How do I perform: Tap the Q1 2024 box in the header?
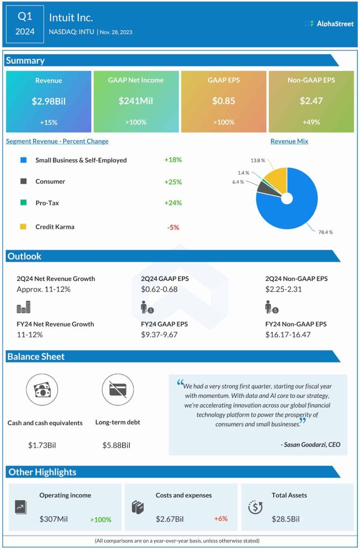pos(25,24)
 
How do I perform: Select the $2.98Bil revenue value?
pos(48,101)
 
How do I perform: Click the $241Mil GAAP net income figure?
pos(136,101)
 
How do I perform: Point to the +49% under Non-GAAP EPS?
pos(311,122)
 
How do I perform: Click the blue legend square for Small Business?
pos(23,160)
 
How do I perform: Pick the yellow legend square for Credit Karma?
pos(23,227)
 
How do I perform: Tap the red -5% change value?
pos(173,227)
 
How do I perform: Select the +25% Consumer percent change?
pos(173,182)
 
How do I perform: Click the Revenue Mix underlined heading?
pos(289,142)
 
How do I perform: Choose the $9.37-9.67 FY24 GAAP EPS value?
pos(159,335)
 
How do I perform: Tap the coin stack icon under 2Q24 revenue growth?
pos(23,307)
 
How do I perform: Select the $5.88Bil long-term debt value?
pos(116,445)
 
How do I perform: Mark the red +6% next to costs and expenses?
pos(222,519)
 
